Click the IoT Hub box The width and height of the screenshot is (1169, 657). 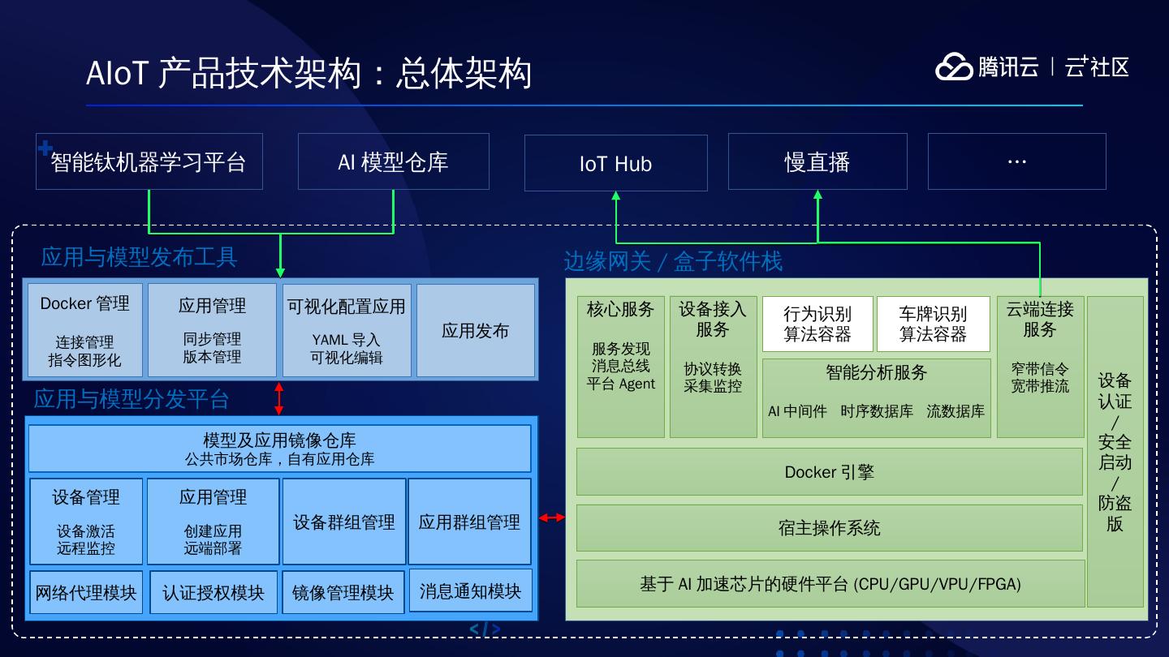(x=615, y=163)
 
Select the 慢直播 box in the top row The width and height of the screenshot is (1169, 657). (x=817, y=162)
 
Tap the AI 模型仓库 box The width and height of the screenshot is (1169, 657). (x=393, y=162)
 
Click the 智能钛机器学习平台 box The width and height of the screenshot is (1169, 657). (x=149, y=162)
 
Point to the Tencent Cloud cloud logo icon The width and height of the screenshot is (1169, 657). (x=954, y=67)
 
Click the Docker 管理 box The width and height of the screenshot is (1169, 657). (x=85, y=329)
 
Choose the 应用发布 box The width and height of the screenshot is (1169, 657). (x=475, y=330)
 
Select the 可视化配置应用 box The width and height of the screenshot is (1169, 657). (x=346, y=329)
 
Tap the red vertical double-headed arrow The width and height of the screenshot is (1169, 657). (x=279, y=398)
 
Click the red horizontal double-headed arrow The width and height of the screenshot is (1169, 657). (x=552, y=517)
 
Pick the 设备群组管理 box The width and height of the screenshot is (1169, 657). (x=343, y=522)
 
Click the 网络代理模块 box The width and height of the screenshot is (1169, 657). (x=86, y=592)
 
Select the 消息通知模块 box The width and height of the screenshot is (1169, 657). (x=470, y=590)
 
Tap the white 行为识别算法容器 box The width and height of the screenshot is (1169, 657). (x=817, y=324)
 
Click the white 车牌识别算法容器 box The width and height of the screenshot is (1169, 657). (x=933, y=324)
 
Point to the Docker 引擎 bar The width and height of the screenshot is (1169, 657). (x=829, y=471)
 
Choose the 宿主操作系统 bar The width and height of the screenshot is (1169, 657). (x=829, y=528)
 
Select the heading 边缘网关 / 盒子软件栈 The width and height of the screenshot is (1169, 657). (x=673, y=261)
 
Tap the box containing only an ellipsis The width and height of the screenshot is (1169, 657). (x=1016, y=162)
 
